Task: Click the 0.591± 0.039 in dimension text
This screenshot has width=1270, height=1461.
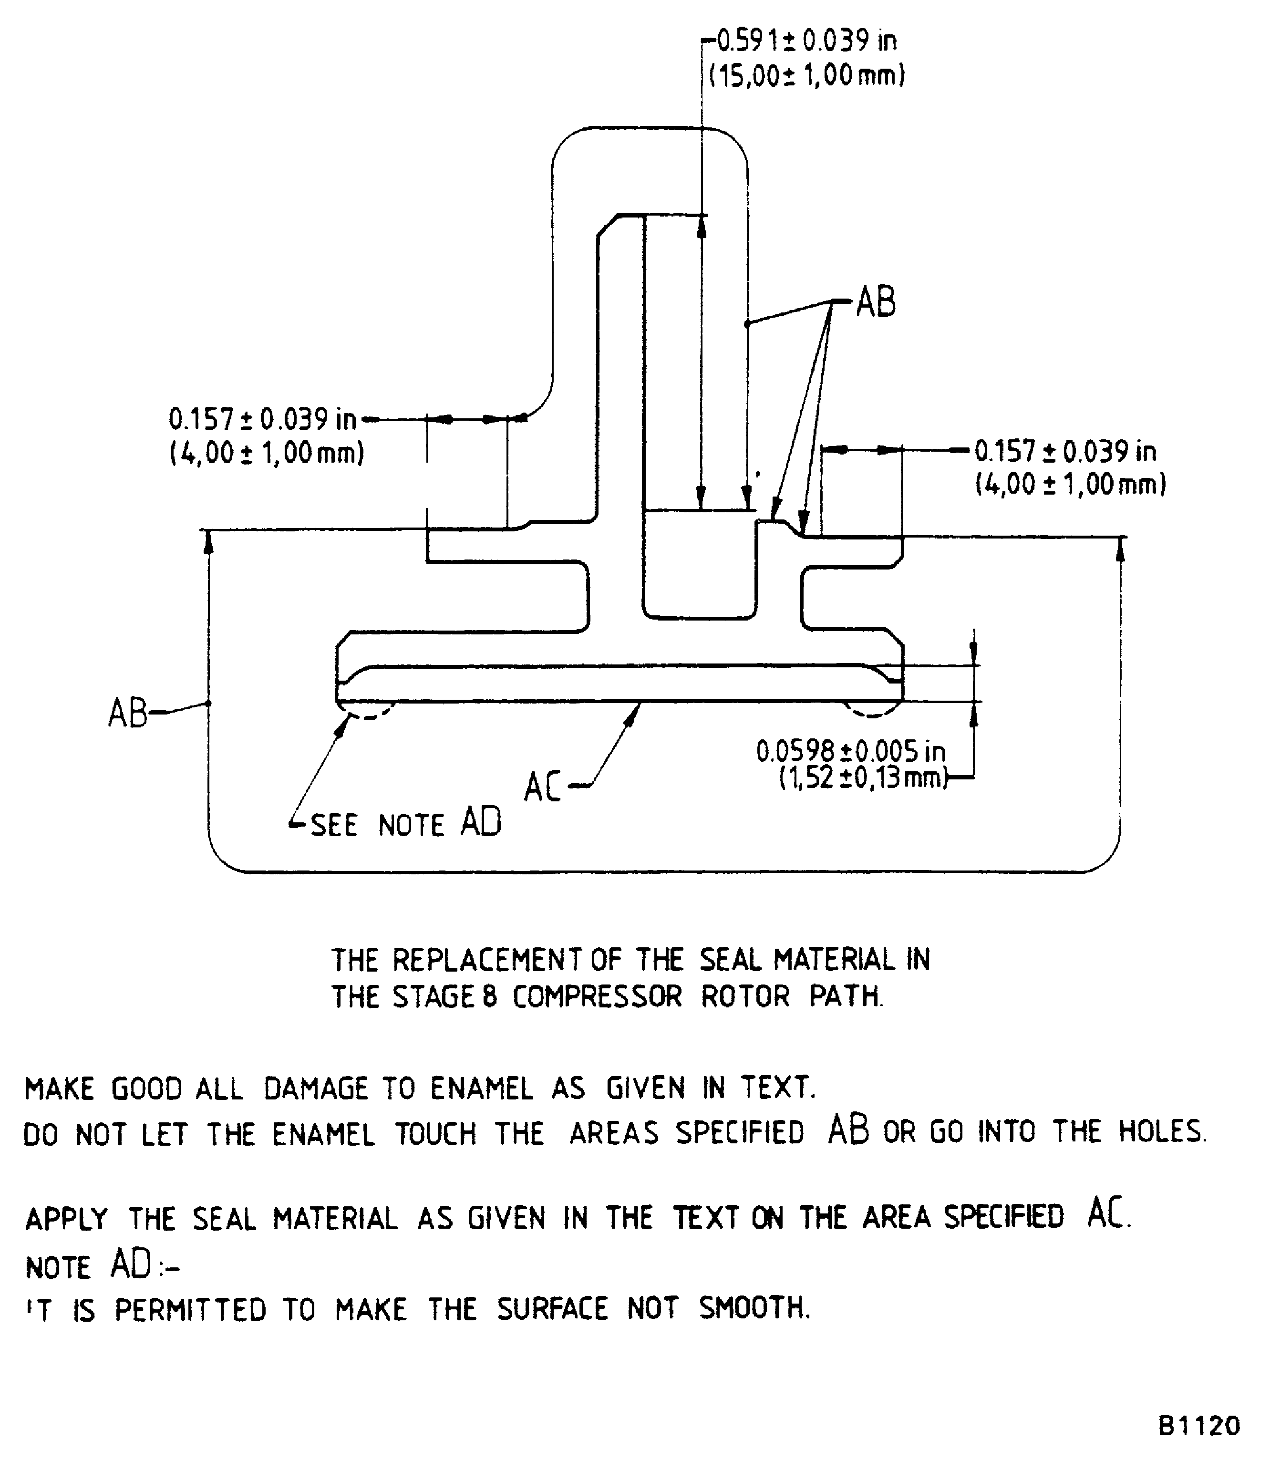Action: click(806, 41)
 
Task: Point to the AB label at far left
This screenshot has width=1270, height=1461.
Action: click(127, 713)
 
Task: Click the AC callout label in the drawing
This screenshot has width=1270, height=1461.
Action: click(542, 787)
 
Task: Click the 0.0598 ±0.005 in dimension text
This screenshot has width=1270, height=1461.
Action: click(850, 751)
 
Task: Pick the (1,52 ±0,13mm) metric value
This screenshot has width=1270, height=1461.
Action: click(863, 778)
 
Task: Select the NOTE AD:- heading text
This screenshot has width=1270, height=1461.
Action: click(102, 1265)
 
